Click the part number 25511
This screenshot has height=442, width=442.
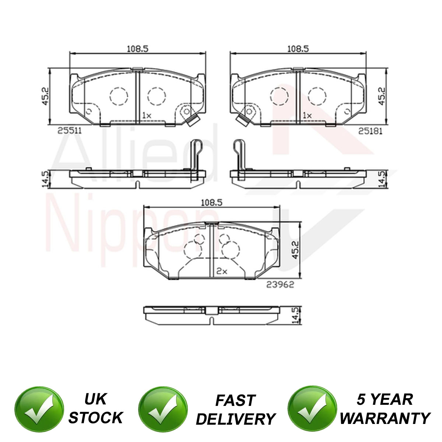coord(70,131)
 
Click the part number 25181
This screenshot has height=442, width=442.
coord(371,131)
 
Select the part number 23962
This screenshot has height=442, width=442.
coord(280,285)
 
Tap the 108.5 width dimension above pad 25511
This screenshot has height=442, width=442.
coord(138,49)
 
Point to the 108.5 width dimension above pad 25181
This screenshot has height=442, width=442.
coord(298,49)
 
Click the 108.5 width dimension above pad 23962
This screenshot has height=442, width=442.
coord(211,203)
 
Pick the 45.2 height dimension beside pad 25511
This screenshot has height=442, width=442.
coord(45,97)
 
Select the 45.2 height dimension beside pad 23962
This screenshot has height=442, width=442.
coord(296,250)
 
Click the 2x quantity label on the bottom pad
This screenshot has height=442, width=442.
coord(222,271)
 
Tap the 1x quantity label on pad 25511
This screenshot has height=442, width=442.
coord(147,115)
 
